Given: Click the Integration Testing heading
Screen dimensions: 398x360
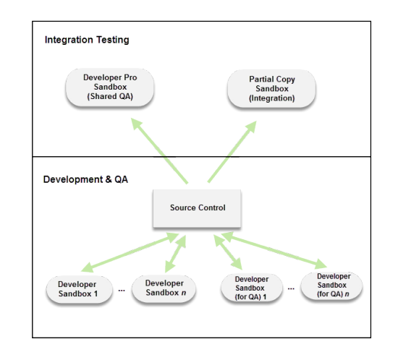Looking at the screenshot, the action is click(x=87, y=40).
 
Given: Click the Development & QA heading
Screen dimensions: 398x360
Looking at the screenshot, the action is click(x=85, y=179).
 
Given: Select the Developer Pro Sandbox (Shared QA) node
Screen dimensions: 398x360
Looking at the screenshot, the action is click(x=110, y=87).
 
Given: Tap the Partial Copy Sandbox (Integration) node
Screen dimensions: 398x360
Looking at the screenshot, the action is click(x=271, y=89).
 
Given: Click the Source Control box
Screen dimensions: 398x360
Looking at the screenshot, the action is click(x=197, y=208).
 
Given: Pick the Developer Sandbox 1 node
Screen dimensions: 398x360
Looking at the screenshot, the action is click(x=79, y=289).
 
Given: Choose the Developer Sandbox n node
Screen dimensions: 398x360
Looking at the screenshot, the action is click(x=164, y=288).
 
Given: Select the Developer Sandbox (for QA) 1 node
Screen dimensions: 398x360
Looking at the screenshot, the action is click(x=252, y=288).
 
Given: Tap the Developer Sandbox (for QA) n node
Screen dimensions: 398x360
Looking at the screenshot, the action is click(x=331, y=286).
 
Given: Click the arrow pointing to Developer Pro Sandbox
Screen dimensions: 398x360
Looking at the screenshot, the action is click(x=159, y=150).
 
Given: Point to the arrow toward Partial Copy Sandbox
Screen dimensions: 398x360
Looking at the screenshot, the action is click(x=232, y=151).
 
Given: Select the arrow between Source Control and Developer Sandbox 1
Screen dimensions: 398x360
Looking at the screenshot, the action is click(x=130, y=252).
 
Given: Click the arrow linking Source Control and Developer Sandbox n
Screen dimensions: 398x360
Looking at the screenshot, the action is click(x=176, y=254).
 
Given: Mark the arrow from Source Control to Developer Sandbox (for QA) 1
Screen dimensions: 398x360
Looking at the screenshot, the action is click(x=228, y=252).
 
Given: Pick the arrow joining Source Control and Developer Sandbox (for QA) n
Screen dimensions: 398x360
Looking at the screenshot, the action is click(x=274, y=250).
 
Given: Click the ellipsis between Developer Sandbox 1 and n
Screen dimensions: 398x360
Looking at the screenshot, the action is click(x=122, y=291).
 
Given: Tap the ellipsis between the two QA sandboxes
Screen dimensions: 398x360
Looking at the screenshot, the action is click(x=291, y=288).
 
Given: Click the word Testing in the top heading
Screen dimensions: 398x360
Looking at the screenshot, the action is click(x=113, y=40).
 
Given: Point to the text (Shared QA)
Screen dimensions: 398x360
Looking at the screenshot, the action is click(x=110, y=96).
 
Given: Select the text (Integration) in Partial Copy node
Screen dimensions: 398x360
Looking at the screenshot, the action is click(x=271, y=98).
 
